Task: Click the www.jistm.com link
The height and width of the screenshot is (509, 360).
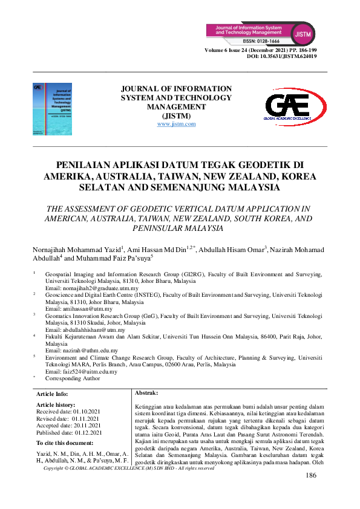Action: pos(176,124)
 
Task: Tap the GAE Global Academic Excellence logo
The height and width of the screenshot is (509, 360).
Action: pos(295,108)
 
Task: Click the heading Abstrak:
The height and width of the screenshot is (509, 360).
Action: pos(145,393)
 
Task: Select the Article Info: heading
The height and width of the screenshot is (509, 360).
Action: pos(53,394)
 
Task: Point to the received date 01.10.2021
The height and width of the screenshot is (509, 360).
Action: pos(87,411)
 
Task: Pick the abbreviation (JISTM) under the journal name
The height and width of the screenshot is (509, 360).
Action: pos(176,116)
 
